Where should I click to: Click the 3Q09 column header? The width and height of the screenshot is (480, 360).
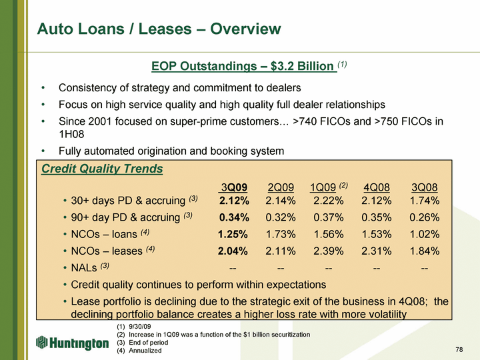[x=234, y=187]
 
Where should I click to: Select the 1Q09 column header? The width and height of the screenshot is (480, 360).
[x=323, y=187]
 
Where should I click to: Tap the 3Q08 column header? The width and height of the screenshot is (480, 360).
[x=424, y=187]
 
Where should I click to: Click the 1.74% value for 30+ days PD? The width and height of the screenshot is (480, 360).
[x=425, y=201]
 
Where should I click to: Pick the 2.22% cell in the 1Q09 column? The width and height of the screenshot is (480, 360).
[x=329, y=201]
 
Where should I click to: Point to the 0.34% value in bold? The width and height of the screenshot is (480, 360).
[x=234, y=217]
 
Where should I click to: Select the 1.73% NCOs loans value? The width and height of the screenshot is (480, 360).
[x=281, y=234]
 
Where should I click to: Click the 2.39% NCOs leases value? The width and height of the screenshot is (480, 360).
[x=329, y=251]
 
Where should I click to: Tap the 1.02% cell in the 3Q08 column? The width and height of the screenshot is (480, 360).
[x=425, y=234]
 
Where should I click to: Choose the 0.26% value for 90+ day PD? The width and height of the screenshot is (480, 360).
[x=425, y=217]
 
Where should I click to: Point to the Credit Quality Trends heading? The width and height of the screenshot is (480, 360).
[x=102, y=169]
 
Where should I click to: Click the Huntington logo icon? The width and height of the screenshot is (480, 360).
[x=41, y=342]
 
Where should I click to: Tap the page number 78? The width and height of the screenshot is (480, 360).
[x=459, y=349]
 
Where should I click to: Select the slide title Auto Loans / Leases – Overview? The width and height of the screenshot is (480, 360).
[x=159, y=29]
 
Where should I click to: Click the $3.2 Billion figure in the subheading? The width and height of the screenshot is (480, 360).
[x=302, y=66]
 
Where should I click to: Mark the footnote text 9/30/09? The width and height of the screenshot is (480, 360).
[x=140, y=326]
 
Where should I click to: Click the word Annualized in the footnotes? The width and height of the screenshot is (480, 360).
[x=145, y=351]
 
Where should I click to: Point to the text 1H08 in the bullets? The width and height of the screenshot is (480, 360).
[x=71, y=134]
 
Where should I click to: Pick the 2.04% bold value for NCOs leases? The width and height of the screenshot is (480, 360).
[x=233, y=251]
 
